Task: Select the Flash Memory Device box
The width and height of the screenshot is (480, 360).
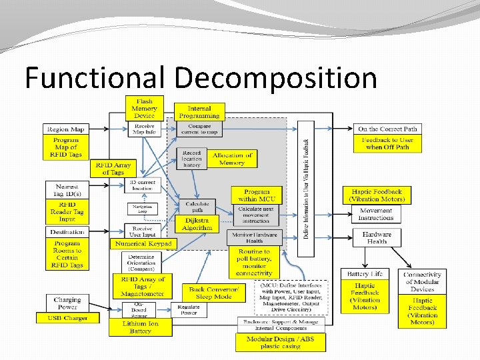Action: coord(144,109)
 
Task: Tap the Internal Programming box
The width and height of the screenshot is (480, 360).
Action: coord(199,112)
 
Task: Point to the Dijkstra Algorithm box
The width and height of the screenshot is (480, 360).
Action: coord(197,224)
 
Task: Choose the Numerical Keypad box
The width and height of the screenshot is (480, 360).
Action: coord(143,244)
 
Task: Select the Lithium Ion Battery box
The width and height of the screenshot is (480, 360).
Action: coord(141,327)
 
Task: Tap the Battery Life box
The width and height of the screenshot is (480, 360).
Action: coord(365,274)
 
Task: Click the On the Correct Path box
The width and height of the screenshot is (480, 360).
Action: coord(387,129)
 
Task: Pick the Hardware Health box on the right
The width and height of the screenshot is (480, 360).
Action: coord(377,237)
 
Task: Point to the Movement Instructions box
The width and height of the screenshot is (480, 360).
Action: coord(376,214)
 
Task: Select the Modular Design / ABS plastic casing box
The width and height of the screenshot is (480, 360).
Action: coord(280,343)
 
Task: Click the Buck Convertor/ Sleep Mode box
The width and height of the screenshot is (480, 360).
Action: coord(213,293)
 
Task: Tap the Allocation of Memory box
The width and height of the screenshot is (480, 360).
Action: coord(233,159)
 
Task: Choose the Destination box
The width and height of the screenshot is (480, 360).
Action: coord(67,232)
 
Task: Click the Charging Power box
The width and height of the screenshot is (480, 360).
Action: coord(67,303)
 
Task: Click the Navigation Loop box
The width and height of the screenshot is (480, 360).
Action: coord(142,209)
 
